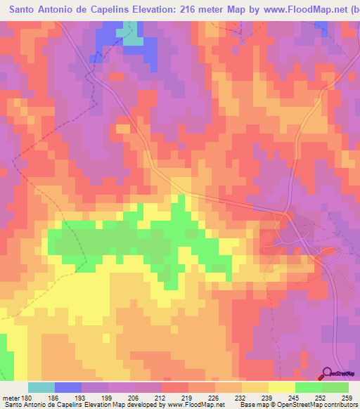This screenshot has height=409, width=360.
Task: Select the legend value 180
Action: click(x=30, y=397)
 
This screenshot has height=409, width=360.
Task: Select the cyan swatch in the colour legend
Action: click(x=41, y=387)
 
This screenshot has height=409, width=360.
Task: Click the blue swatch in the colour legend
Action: click(x=68, y=387)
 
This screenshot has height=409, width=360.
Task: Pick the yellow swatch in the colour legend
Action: click(x=282, y=387)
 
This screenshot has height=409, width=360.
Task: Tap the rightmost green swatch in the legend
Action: click(x=335, y=387)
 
